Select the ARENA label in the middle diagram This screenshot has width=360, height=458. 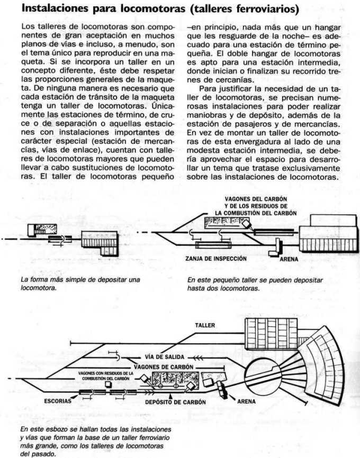[x=289, y=260]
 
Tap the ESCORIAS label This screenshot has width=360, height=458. [x=58, y=400]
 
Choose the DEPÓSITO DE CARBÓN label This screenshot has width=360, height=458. [x=175, y=402]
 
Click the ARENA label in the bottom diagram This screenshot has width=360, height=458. [x=246, y=401]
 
